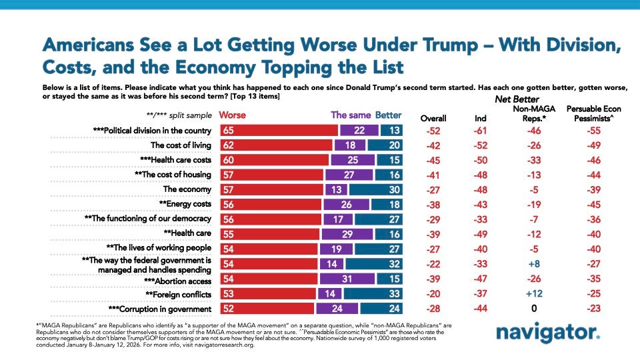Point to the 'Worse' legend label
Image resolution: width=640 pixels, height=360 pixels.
(233, 115)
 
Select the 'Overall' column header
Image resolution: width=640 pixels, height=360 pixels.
(434, 118)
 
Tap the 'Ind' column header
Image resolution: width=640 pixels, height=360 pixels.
(480, 118)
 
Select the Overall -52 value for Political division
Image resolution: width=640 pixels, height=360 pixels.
(434, 131)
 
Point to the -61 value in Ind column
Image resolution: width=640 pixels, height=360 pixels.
(480, 131)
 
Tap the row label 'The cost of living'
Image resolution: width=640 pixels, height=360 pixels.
(181, 145)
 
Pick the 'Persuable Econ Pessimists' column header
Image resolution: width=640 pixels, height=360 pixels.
(589, 113)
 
